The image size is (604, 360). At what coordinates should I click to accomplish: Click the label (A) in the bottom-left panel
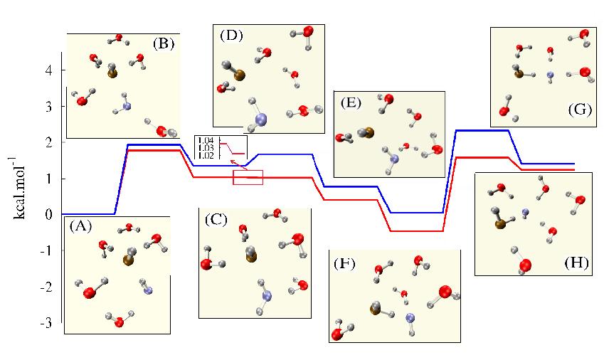coord(80,226)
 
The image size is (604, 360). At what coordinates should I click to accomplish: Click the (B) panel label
coord(164,43)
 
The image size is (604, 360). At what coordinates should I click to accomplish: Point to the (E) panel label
coord(351,102)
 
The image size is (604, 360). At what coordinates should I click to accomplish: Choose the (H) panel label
coord(575,262)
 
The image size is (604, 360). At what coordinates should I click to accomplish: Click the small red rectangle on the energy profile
coord(248,177)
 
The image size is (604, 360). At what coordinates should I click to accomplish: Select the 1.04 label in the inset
coord(207,140)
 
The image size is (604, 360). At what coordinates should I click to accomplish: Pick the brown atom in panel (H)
coord(500,225)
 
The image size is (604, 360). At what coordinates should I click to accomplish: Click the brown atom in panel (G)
coord(519,73)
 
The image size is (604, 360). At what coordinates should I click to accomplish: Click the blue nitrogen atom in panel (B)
coord(127,107)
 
